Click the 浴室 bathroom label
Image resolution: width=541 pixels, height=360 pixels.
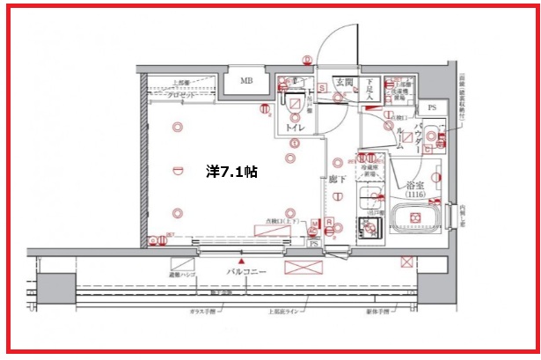click(x=417, y=186)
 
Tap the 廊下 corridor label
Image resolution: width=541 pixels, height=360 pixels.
click(x=337, y=179)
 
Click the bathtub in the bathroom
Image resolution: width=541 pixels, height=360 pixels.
click(x=417, y=220)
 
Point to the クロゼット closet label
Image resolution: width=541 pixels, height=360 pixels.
click(x=183, y=94)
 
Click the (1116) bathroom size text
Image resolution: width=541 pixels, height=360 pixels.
click(x=417, y=195)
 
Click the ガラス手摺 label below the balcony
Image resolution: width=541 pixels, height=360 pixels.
click(x=210, y=309)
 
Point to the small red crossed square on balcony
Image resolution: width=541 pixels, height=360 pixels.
click(x=406, y=261)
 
